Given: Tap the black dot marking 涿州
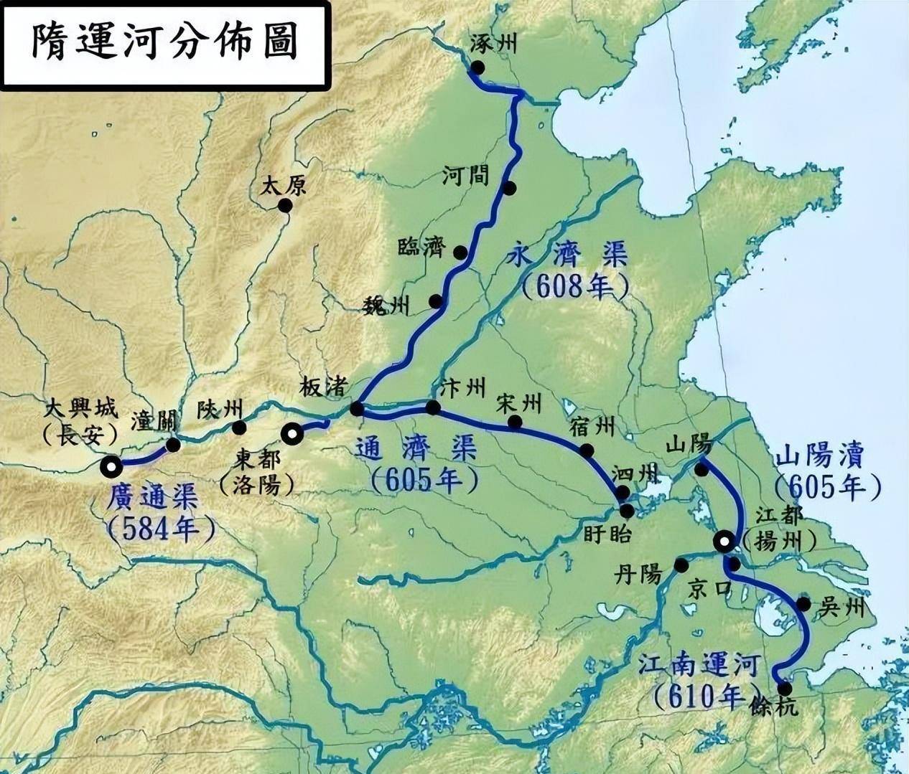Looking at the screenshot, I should point(477,67).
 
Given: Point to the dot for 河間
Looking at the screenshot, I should point(509,189).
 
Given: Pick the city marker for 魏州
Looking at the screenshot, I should point(436,301).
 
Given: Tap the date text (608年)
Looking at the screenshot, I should point(574,287).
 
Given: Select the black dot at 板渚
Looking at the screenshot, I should point(356,409).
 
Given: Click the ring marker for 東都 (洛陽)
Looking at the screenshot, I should point(292,433).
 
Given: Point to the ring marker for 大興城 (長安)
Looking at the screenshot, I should point(111,467).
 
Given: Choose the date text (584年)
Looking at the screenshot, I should point(161,529).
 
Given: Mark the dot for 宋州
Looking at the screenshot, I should point(514,422).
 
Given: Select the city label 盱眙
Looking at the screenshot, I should point(602,534).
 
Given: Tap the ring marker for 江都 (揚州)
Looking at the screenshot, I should point(724,542).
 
